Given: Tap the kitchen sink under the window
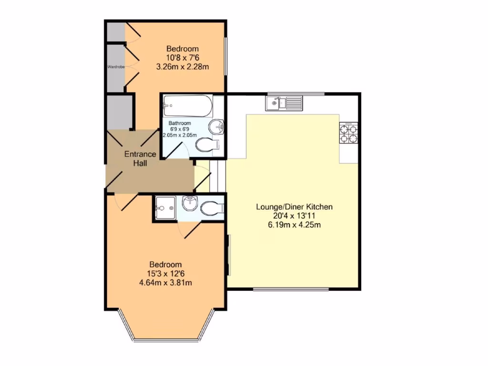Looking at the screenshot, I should tap(284, 102).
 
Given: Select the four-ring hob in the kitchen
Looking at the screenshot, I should tap(348, 134).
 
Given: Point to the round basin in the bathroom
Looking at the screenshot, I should tap(217, 127).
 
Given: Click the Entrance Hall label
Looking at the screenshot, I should tap(140, 158).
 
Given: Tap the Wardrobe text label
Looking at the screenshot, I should tap(116, 67).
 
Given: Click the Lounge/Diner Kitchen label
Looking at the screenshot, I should tap(294, 207).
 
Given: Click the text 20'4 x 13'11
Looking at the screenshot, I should tap(294, 216).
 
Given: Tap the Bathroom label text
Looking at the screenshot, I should tap(180, 123).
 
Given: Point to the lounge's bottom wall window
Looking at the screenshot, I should tap(290, 289).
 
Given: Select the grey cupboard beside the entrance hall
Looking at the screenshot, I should tap(118, 112).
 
